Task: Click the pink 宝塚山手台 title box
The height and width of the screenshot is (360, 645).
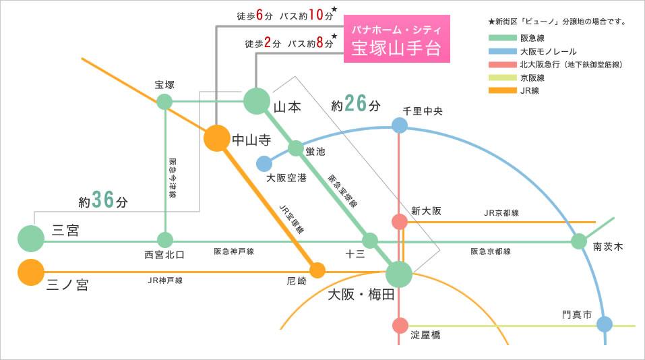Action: coord(396,42)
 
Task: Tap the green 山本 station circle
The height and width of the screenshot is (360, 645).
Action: coord(256,101)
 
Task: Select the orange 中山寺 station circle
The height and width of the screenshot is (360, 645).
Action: coord(216,138)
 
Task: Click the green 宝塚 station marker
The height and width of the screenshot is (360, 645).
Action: coord(164,101)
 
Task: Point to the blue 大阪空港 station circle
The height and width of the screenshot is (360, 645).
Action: coord(264,164)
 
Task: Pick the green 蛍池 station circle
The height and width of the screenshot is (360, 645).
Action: coord(296,148)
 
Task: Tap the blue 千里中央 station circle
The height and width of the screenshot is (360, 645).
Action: coord(400,125)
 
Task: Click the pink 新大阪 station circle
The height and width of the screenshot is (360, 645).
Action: coord(400,222)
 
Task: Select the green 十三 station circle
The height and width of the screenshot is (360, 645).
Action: coord(369,240)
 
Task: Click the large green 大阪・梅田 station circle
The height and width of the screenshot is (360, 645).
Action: coord(400,274)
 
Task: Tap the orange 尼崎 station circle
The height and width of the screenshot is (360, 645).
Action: coord(317,270)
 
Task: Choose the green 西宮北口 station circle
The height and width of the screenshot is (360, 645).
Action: coord(165,239)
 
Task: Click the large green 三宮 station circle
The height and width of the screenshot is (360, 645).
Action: coord(30,238)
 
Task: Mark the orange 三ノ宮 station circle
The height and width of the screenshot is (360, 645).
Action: coord(30,272)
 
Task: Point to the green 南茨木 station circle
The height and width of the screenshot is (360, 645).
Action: coord(579,241)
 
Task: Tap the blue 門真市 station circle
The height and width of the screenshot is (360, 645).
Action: coord(604,324)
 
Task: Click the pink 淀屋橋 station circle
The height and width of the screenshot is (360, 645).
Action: coord(400,326)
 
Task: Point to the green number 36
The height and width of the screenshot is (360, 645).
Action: coord(103,200)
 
